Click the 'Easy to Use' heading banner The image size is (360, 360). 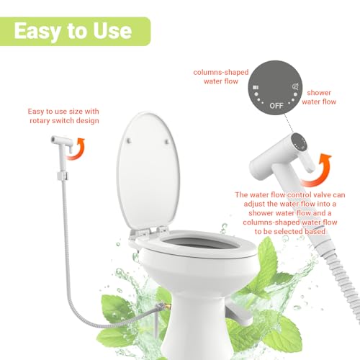point(75,31)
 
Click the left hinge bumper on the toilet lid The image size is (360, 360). point(128,142)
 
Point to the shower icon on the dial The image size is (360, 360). point(295,86)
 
